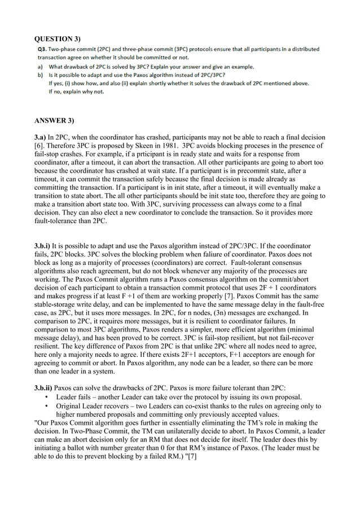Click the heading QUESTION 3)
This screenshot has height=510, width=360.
click(x=58, y=39)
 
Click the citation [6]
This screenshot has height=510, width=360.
click(x=39, y=146)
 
